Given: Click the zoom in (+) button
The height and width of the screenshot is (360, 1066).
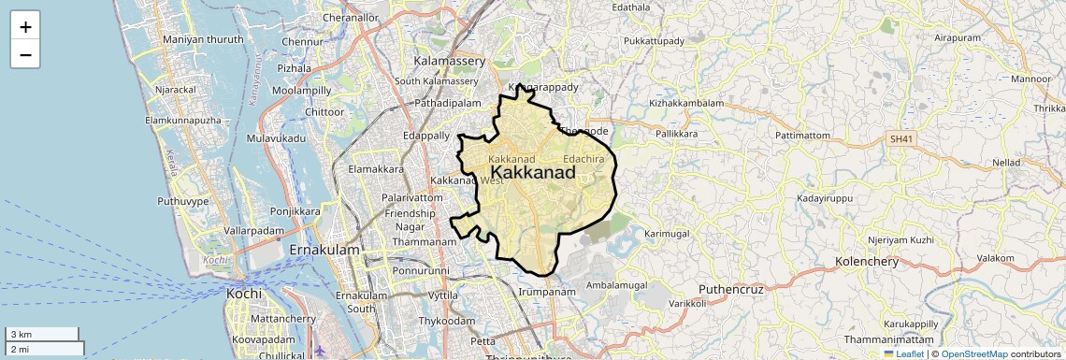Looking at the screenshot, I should [x=25, y=26].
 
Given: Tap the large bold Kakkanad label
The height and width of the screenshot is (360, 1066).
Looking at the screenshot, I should [x=532, y=173].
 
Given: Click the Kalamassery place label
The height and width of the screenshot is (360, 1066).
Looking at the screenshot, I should [x=450, y=61].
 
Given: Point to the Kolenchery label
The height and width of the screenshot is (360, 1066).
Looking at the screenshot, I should [x=867, y=261].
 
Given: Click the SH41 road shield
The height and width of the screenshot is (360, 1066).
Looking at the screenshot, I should [x=900, y=139].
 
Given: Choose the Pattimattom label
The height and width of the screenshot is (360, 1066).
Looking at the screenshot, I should [x=803, y=136].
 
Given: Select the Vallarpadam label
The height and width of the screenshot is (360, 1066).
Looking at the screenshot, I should [x=254, y=230].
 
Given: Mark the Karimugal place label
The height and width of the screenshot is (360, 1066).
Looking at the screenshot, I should [x=666, y=232].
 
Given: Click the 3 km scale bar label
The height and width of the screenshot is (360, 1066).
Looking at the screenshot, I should [x=21, y=335].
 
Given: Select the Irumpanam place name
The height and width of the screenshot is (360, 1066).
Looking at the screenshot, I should [x=546, y=292].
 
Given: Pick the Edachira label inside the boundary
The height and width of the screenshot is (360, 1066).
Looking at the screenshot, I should [x=583, y=160].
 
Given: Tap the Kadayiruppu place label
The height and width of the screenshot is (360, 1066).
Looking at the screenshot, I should [x=826, y=199].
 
